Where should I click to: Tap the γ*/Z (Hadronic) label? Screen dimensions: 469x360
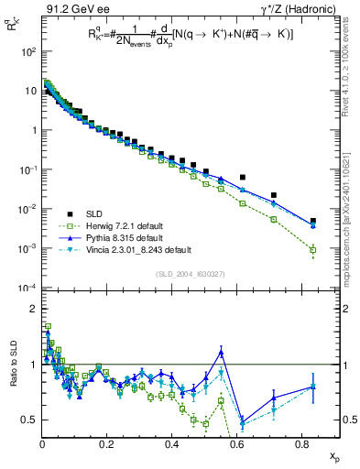(x=291, y=9)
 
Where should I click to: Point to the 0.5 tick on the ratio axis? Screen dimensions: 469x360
(x=31, y=420)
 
